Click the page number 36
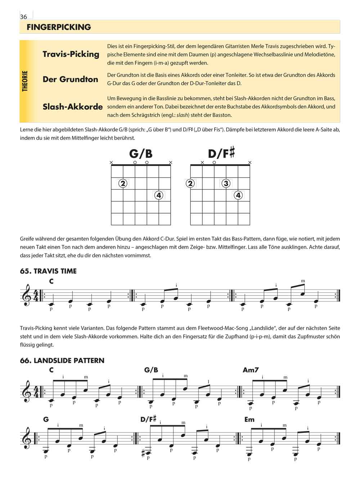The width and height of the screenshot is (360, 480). click(x=24, y=17)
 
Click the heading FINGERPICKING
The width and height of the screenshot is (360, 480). click(x=59, y=27)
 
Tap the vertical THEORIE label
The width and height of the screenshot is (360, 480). click(x=25, y=81)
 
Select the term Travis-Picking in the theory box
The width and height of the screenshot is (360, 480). click(x=71, y=54)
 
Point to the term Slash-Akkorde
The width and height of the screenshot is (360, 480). click(x=73, y=107)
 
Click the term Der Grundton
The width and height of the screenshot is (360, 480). click(x=71, y=79)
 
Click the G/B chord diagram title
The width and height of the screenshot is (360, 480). click(x=141, y=154)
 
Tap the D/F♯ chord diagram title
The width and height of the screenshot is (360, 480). click(x=221, y=153)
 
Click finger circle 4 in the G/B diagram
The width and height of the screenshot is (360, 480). click(x=159, y=195)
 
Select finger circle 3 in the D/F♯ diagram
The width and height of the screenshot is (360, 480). click(x=226, y=183)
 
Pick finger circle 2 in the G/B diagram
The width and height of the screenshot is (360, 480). click(x=123, y=183)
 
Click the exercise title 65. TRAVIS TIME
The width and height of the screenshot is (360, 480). click(x=48, y=271)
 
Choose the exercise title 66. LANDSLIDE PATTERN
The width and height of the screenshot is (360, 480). click(x=62, y=360)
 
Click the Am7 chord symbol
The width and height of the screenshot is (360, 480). click(x=251, y=370)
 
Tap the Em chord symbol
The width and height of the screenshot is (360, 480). click(x=249, y=420)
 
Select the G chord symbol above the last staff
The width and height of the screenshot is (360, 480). click(x=46, y=420)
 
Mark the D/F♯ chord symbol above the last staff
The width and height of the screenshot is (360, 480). click(x=148, y=419)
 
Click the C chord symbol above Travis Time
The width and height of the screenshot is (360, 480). click(x=51, y=281)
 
